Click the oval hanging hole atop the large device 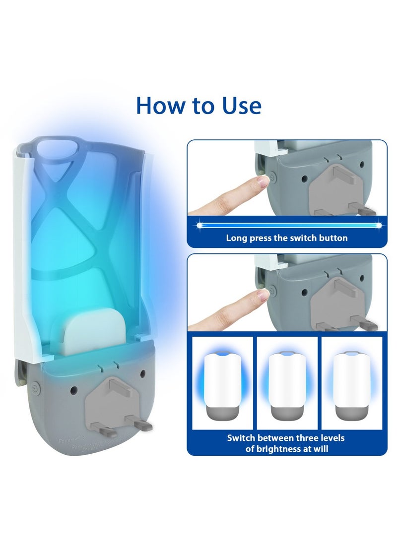[x=60, y=148]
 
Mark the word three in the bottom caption [x=306, y=438]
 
